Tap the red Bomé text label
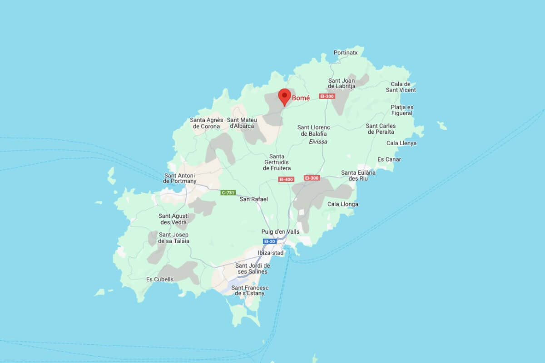301,98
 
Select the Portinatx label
346,53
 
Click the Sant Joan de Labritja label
342,83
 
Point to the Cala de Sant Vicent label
401,87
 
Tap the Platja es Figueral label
402,110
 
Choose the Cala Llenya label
401,143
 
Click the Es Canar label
389,159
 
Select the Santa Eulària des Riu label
358,175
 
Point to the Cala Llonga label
342,204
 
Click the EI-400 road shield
286,179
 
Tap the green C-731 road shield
228,193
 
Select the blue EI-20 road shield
269,241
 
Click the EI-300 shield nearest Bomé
327,96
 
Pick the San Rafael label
253,199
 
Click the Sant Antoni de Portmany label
180,178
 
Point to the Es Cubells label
159,280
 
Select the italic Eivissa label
318,142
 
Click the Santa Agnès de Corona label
207,123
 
